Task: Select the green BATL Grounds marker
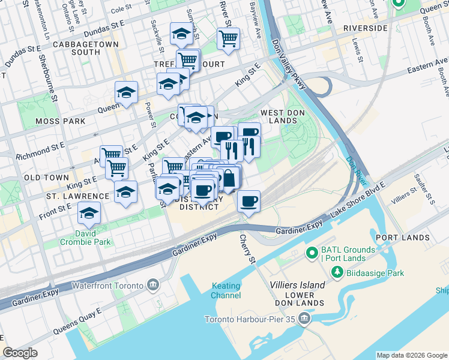312,253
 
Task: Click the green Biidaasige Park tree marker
337,273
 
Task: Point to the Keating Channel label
226,290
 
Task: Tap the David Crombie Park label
85,238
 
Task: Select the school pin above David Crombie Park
89,213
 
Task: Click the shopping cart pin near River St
228,39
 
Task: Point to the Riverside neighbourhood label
365,28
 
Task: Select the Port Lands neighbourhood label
402,238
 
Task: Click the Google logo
20,353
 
